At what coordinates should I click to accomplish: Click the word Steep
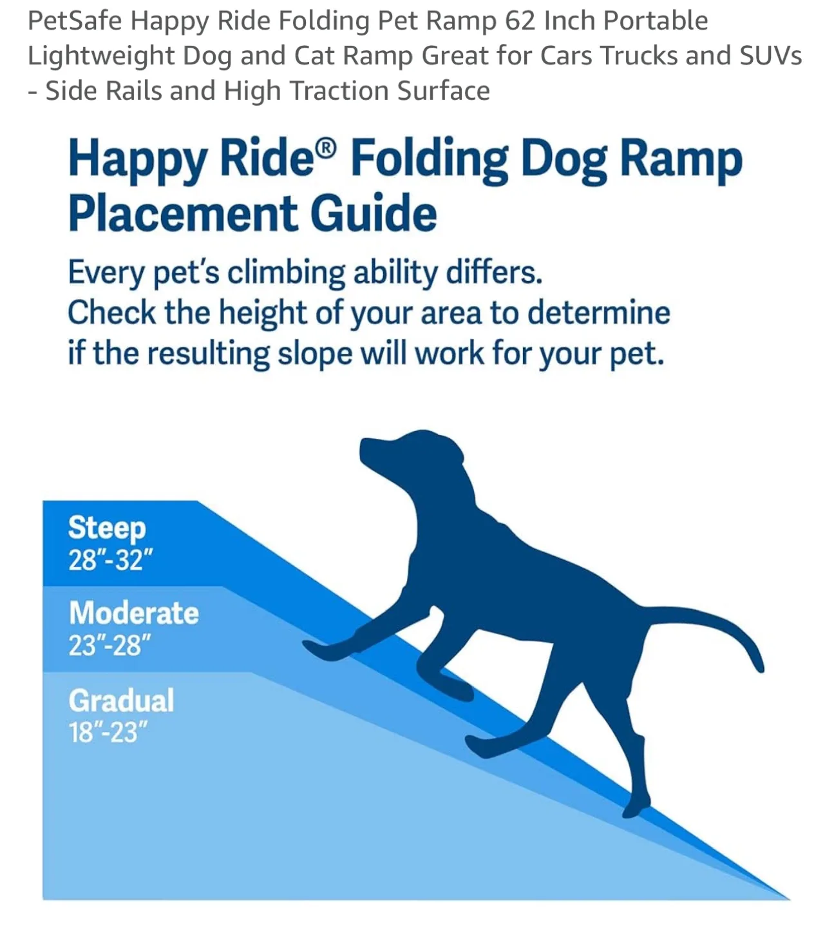(107, 528)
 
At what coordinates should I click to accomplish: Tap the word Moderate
(134, 613)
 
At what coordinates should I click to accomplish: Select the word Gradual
(121, 701)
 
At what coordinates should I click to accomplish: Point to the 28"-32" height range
(110, 559)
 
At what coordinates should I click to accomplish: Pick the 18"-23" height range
(108, 732)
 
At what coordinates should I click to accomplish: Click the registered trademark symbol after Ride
(327, 149)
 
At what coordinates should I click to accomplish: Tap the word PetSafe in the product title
(74, 21)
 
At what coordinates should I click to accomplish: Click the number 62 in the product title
(520, 21)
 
